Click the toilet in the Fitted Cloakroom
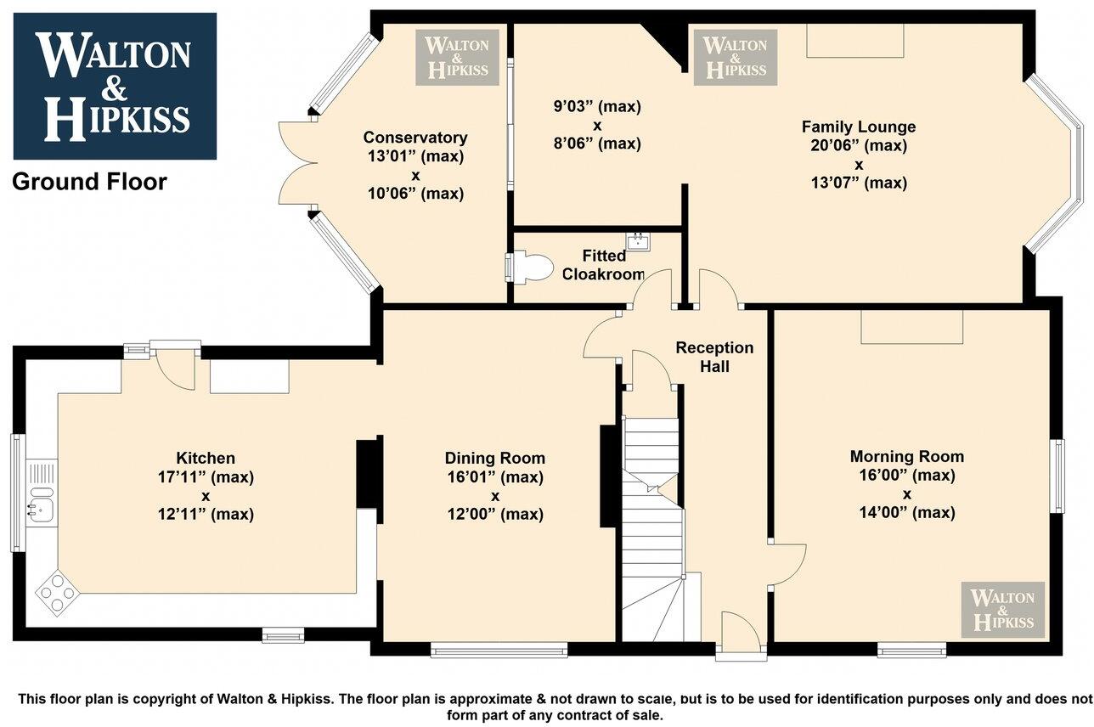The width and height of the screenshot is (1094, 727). tap(529, 268)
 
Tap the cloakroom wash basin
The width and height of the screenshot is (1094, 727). tap(639, 240)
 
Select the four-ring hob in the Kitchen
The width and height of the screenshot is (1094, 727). tap(57, 592)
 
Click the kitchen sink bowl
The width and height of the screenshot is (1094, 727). tap(42, 507)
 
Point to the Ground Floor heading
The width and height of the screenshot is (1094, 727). tap(89, 182)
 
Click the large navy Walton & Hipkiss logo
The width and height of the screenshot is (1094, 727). tap(115, 86)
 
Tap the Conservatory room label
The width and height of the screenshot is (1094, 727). tap(415, 138)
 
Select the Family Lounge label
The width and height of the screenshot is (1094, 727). tap(859, 127)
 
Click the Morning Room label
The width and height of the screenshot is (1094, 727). tap(907, 457)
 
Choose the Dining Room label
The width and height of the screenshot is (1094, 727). tap(494, 458)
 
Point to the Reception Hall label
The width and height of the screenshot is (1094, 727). tap(714, 357)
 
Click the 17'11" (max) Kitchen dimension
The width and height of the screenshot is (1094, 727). tap(206, 476)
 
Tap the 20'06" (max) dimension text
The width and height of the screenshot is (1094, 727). tap(859, 145)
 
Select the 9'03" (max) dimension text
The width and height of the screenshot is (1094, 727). tap(597, 106)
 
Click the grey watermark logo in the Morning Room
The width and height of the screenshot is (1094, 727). tap(1002, 610)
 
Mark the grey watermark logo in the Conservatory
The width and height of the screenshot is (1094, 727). tap(457, 58)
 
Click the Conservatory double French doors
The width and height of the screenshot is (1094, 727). tap(299, 163)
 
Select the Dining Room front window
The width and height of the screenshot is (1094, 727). tap(499, 651)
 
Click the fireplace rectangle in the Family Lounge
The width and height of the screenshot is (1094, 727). tap(854, 41)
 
